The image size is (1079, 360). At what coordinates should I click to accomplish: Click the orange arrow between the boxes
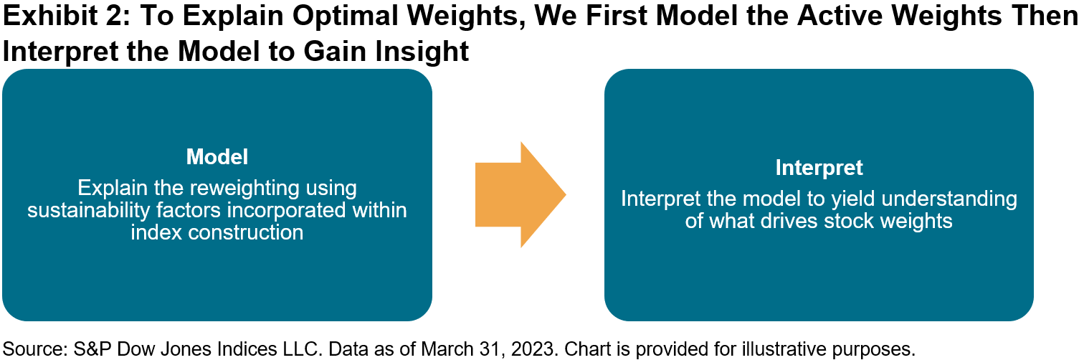521,194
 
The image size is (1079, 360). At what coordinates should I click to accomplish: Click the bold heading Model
217,157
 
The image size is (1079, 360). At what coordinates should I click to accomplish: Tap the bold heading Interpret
819,168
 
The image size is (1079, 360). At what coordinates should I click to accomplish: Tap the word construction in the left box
246,233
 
